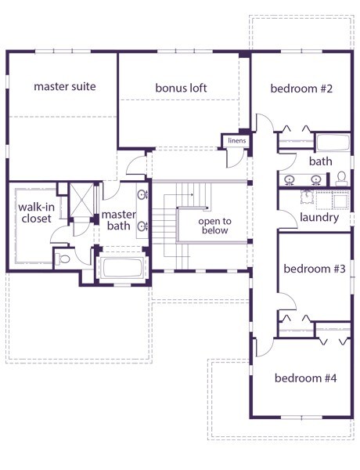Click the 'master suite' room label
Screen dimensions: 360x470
pyautogui.click(x=65, y=87)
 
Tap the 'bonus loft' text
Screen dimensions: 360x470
pyautogui.click(x=181, y=88)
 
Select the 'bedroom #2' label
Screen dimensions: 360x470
pyautogui.click(x=301, y=89)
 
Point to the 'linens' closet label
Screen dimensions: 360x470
pyautogui.click(x=237, y=140)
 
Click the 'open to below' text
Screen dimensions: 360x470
pyautogui.click(x=214, y=226)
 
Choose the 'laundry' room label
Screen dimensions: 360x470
pyautogui.click(x=319, y=217)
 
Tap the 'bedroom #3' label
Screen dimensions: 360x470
pyautogui.click(x=315, y=269)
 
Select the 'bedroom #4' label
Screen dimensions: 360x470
pyautogui.click(x=305, y=378)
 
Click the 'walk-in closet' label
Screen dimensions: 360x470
pyautogui.click(x=36, y=213)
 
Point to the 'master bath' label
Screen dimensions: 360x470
pyautogui.click(x=119, y=220)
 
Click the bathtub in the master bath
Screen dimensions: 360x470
pyautogui.click(x=122, y=268)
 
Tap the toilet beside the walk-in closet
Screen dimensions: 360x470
pyautogui.click(x=63, y=259)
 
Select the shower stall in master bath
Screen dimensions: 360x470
pyautogui.click(x=81, y=200)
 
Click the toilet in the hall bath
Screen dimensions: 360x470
pyautogui.click(x=341, y=179)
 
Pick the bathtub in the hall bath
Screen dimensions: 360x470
pyautogui.click(x=333, y=143)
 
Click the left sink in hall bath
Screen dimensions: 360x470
pyautogui.click(x=290, y=180)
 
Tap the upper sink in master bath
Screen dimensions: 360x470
pyautogui.click(x=142, y=195)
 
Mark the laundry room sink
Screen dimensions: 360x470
pyautogui.click(x=307, y=197)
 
